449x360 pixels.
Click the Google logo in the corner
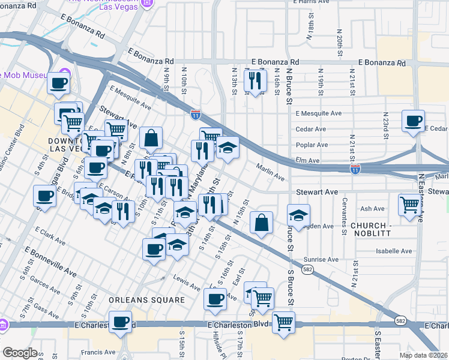tap(20, 352)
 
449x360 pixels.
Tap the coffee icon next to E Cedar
tap(413, 121)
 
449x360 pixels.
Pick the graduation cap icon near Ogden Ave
tap(298, 214)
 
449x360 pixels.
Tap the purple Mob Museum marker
tap(65, 74)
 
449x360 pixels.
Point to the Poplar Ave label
tap(311, 145)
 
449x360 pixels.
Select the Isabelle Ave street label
tap(394, 251)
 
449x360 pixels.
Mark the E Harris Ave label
tap(310, 2)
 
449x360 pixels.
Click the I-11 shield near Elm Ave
tap(355, 169)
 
